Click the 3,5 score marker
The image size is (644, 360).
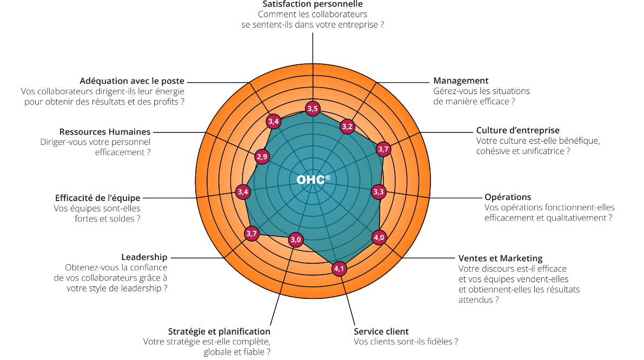(313, 109)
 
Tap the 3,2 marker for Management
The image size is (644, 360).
(347, 127)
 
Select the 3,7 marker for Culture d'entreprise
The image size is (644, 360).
(383, 149)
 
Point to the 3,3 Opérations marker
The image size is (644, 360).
(379, 191)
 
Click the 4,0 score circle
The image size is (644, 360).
(379, 237)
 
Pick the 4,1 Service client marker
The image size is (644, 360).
(339, 268)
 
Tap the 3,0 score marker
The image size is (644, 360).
(296, 239)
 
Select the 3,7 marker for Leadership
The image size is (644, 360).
(251, 234)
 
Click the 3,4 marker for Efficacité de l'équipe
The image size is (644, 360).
(243, 191)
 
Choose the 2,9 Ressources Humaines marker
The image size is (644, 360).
(262, 157)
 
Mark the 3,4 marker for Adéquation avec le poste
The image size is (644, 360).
(274, 122)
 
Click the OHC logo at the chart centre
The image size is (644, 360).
(313, 179)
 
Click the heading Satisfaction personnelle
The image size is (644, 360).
(313, 4)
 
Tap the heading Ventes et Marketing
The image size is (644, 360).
(500, 258)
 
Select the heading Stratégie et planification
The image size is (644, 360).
(219, 331)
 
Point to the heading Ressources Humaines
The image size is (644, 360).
(105, 131)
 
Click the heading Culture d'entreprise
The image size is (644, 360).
(517, 130)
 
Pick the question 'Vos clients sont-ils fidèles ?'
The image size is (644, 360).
(406, 342)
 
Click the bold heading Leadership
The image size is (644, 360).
(144, 257)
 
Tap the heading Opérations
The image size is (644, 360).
(508, 197)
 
